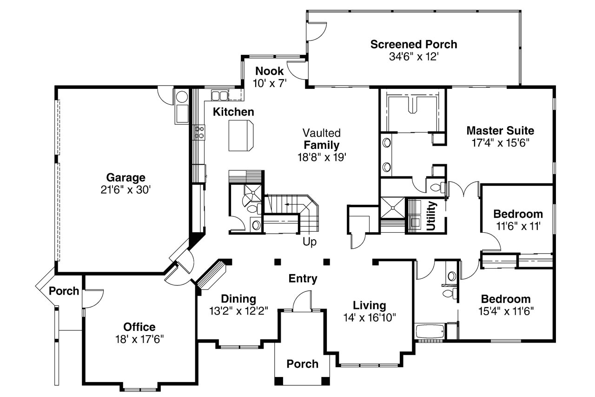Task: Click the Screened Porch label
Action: coord(414,44)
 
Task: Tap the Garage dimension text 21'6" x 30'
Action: coord(126,190)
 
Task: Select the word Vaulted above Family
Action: coord(321,133)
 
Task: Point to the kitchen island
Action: coord(241,135)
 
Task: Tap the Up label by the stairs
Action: coord(310,242)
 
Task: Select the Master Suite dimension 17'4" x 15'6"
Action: coord(501,143)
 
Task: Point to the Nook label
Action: coord(269,71)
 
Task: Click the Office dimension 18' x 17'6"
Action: coord(139,339)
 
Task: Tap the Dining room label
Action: coord(238,299)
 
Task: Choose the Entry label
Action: coord(303,279)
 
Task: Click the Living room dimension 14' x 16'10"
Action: coord(370,317)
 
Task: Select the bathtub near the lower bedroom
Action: coord(430,331)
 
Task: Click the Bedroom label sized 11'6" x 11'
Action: coord(518,214)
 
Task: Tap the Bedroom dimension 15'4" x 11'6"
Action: coord(506,311)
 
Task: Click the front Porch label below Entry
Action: coord(302,364)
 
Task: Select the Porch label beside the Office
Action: coord(64,291)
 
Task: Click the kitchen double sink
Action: coord(219,95)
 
